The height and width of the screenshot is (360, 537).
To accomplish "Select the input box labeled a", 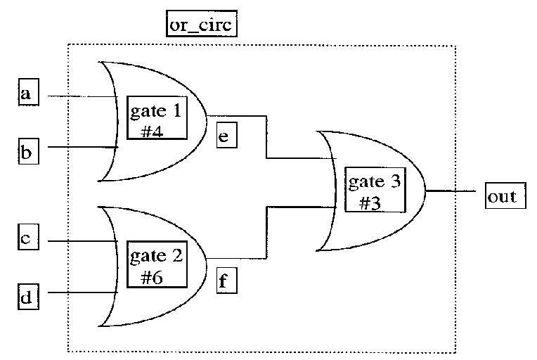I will click(x=27, y=94).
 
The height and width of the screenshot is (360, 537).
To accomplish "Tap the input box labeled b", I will click(x=27, y=151).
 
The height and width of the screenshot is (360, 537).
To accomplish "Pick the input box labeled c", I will click(x=27, y=240).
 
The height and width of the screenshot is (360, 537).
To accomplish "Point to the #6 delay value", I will click(x=153, y=277).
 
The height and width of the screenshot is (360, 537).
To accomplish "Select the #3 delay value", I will click(x=371, y=203).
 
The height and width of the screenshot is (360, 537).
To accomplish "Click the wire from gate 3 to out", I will click(x=454, y=190).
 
